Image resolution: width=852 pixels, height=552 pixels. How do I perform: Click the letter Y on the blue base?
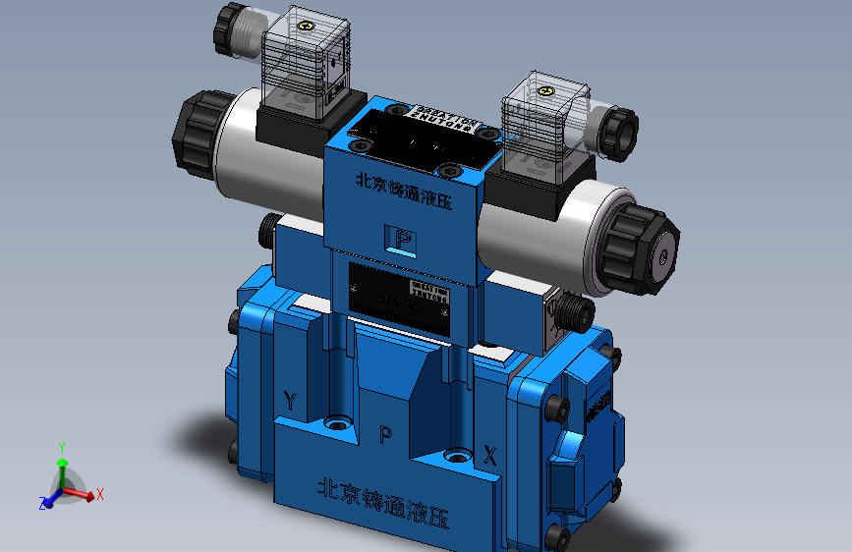tap(290, 400)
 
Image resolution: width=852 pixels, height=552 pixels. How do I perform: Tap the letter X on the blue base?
tap(489, 454)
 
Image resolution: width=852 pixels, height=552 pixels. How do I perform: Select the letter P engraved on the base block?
tap(385, 434)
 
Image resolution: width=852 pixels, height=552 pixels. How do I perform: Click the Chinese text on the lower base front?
tap(383, 494)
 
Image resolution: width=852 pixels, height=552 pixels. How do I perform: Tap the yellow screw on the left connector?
tap(306, 28)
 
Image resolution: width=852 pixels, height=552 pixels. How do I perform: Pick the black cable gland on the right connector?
tap(618, 134)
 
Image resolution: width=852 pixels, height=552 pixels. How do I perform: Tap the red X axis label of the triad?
tap(100, 494)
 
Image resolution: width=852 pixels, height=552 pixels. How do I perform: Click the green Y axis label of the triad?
tap(62, 445)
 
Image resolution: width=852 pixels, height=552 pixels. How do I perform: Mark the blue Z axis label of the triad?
tap(43, 503)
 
